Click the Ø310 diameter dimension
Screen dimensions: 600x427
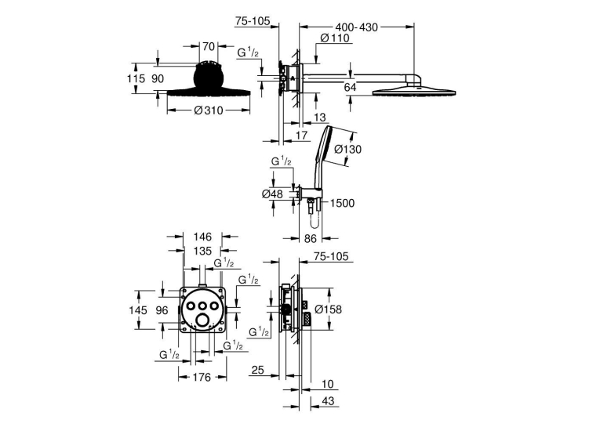209,110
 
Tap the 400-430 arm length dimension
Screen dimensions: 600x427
356,27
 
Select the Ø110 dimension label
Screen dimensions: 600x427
335,38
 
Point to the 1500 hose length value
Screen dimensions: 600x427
342,203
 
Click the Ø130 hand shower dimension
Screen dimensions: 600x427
347,149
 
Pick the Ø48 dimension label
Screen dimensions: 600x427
272,194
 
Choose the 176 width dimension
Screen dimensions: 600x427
202,378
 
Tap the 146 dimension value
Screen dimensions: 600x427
202,237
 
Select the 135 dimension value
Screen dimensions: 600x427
202,251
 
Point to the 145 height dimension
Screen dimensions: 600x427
138,310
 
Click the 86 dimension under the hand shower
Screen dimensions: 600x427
311,238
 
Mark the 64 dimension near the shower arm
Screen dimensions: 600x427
350,87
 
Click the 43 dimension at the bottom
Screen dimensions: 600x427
329,400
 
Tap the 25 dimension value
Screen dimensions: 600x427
258,370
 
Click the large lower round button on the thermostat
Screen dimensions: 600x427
202,320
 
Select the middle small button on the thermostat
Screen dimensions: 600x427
202,306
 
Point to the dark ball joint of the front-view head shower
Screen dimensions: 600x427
209,78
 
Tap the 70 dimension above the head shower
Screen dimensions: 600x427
208,47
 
